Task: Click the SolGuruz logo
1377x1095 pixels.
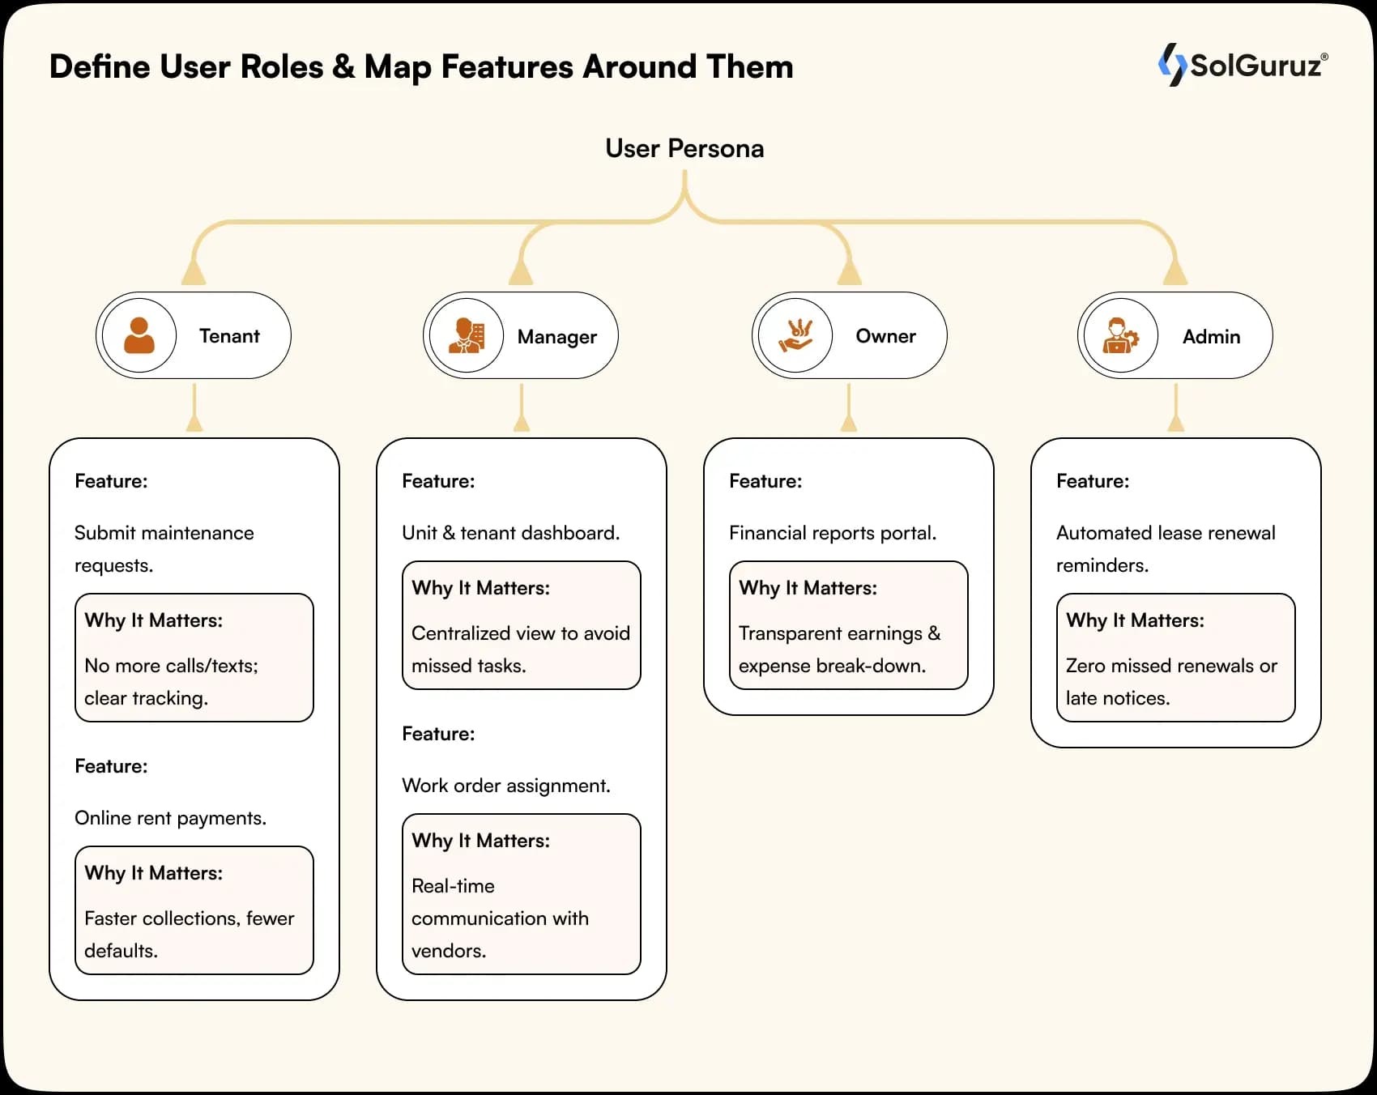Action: coord(1242,65)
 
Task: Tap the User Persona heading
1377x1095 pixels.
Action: coord(684,148)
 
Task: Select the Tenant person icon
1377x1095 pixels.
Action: coord(139,335)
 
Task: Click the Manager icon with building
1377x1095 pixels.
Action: coord(467,335)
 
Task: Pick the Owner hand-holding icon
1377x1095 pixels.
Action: coord(795,335)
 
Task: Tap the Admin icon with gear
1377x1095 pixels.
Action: coord(1121,335)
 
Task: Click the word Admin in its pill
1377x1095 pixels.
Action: coord(1211,336)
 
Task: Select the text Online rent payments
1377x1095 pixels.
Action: coord(170,818)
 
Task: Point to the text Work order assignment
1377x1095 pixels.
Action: coord(506,786)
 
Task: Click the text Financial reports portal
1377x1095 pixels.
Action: coord(833,533)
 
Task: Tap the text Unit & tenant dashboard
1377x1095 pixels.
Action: coord(510,533)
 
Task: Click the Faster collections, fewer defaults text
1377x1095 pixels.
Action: coord(189,934)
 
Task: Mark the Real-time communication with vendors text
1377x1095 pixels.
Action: coord(500,918)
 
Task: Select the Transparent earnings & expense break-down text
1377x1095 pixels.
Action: coord(838,649)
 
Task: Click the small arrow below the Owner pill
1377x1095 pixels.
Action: coord(849,421)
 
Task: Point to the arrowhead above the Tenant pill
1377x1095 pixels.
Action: coord(194,272)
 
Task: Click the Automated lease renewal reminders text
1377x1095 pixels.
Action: coord(1165,548)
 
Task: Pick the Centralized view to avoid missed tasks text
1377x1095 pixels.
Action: coord(520,649)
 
